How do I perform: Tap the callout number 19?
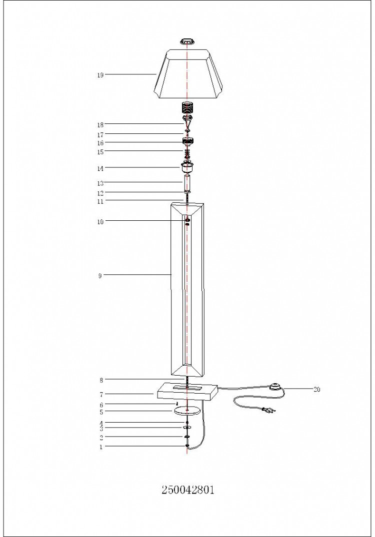(x=100, y=75)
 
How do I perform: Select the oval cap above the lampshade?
(x=187, y=41)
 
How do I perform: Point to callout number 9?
(x=100, y=276)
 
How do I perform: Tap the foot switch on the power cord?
(x=275, y=387)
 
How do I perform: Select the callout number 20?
(x=316, y=390)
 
